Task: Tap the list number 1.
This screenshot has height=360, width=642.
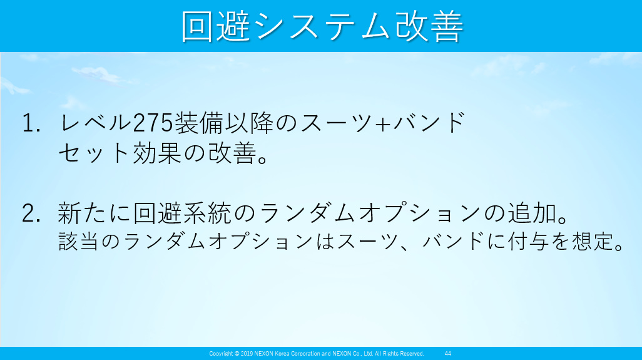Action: click(x=31, y=123)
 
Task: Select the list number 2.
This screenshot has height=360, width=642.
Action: click(x=31, y=213)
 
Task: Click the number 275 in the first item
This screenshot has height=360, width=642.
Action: click(x=153, y=123)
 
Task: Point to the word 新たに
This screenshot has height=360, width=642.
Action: click(x=94, y=213)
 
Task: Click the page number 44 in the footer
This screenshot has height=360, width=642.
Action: click(x=448, y=354)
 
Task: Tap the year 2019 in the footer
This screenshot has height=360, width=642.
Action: click(x=247, y=354)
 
